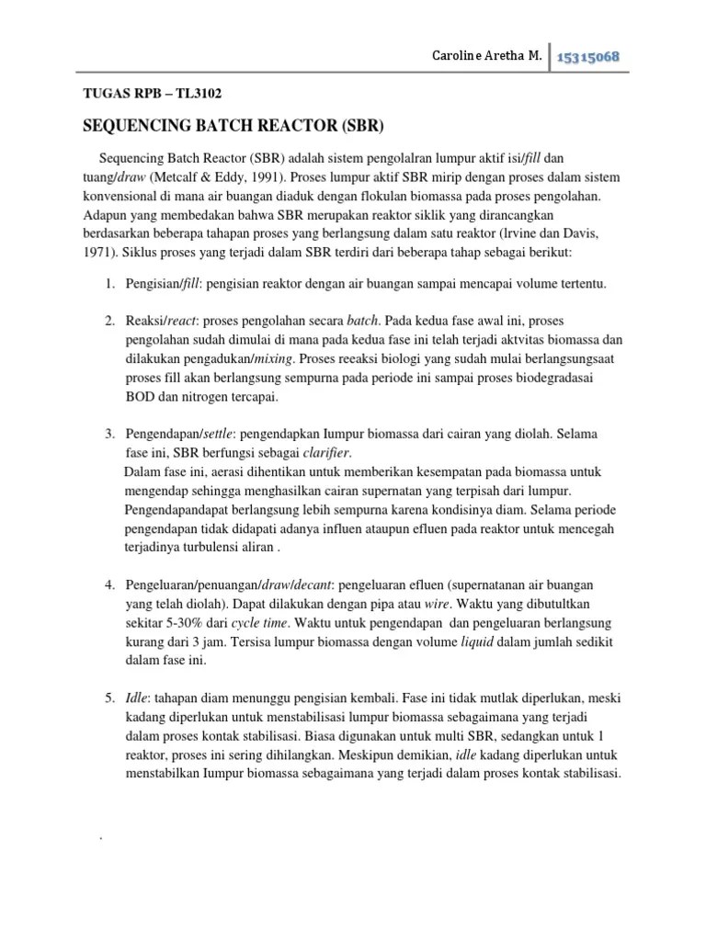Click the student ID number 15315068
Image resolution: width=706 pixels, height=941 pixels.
[x=586, y=57]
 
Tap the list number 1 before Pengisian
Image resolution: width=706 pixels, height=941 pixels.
[x=108, y=285]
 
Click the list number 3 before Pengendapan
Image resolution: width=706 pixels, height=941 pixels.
[x=108, y=433]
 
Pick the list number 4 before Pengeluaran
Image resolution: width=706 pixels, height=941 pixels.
[x=108, y=584]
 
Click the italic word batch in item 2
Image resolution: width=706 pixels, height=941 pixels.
[x=361, y=321]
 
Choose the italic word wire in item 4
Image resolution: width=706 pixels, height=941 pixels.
[x=438, y=604]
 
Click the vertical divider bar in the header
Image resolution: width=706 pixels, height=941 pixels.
[x=548, y=57]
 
